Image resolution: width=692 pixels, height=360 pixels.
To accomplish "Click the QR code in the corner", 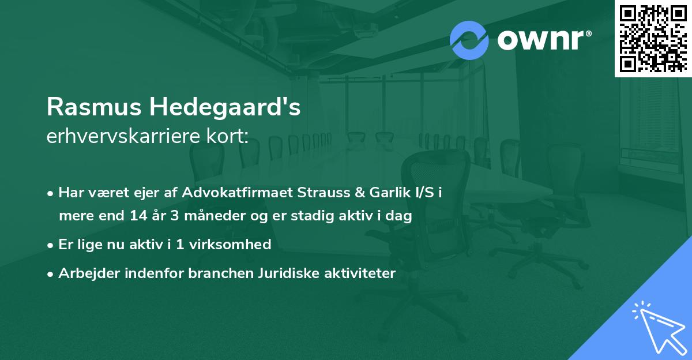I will coord(653,38).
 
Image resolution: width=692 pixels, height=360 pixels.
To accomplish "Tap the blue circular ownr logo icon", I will coord(469,40).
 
